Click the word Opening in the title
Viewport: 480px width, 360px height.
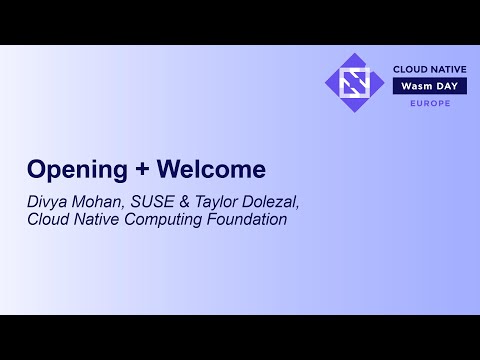tap(66, 167)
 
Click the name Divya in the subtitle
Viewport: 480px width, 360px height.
tap(46, 201)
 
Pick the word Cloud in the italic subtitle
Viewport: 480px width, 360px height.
tap(47, 219)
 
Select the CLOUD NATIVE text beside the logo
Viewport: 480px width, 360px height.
tap(429, 70)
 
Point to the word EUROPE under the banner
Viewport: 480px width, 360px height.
tap(429, 103)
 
